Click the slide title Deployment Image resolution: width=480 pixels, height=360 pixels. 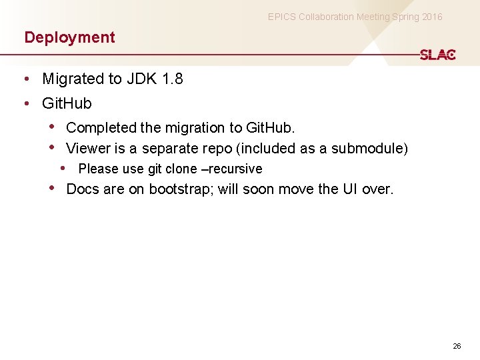tap(69, 37)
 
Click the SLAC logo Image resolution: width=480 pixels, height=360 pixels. tap(437, 55)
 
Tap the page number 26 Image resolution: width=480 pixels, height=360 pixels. tap(457, 346)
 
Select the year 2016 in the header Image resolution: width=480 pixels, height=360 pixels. tap(431, 17)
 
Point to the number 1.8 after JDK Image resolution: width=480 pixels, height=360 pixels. tap(172, 79)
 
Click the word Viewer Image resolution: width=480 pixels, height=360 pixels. tap(88, 148)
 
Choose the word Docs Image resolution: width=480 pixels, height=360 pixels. tap(83, 189)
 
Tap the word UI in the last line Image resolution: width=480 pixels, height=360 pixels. tap(351, 189)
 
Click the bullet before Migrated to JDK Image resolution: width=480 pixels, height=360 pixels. tap(25, 79)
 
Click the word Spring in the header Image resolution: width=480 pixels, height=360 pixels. tap(394, 17)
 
